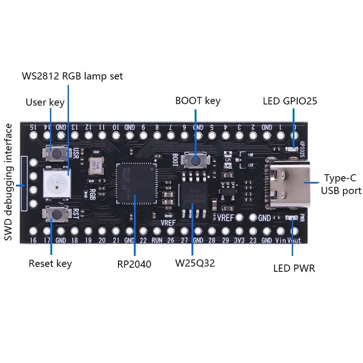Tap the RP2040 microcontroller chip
click(135, 183)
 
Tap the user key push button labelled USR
click(57, 154)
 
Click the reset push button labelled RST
click(56, 212)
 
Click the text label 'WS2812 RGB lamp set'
click(73, 76)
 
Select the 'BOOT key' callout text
click(198, 100)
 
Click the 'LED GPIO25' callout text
click(290, 100)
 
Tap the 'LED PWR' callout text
click(294, 268)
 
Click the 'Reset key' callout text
click(50, 263)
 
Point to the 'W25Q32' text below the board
click(195, 263)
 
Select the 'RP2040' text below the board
click(135, 263)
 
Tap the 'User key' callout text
click(45, 102)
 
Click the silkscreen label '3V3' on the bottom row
click(239, 241)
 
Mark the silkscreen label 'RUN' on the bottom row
click(157, 241)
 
